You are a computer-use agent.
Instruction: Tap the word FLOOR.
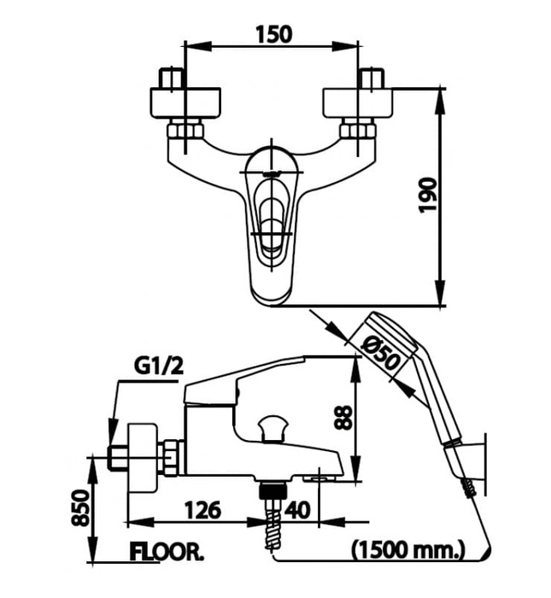point(167,551)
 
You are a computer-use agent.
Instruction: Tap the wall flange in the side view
point(142,454)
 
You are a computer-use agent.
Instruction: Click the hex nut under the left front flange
point(185,131)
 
